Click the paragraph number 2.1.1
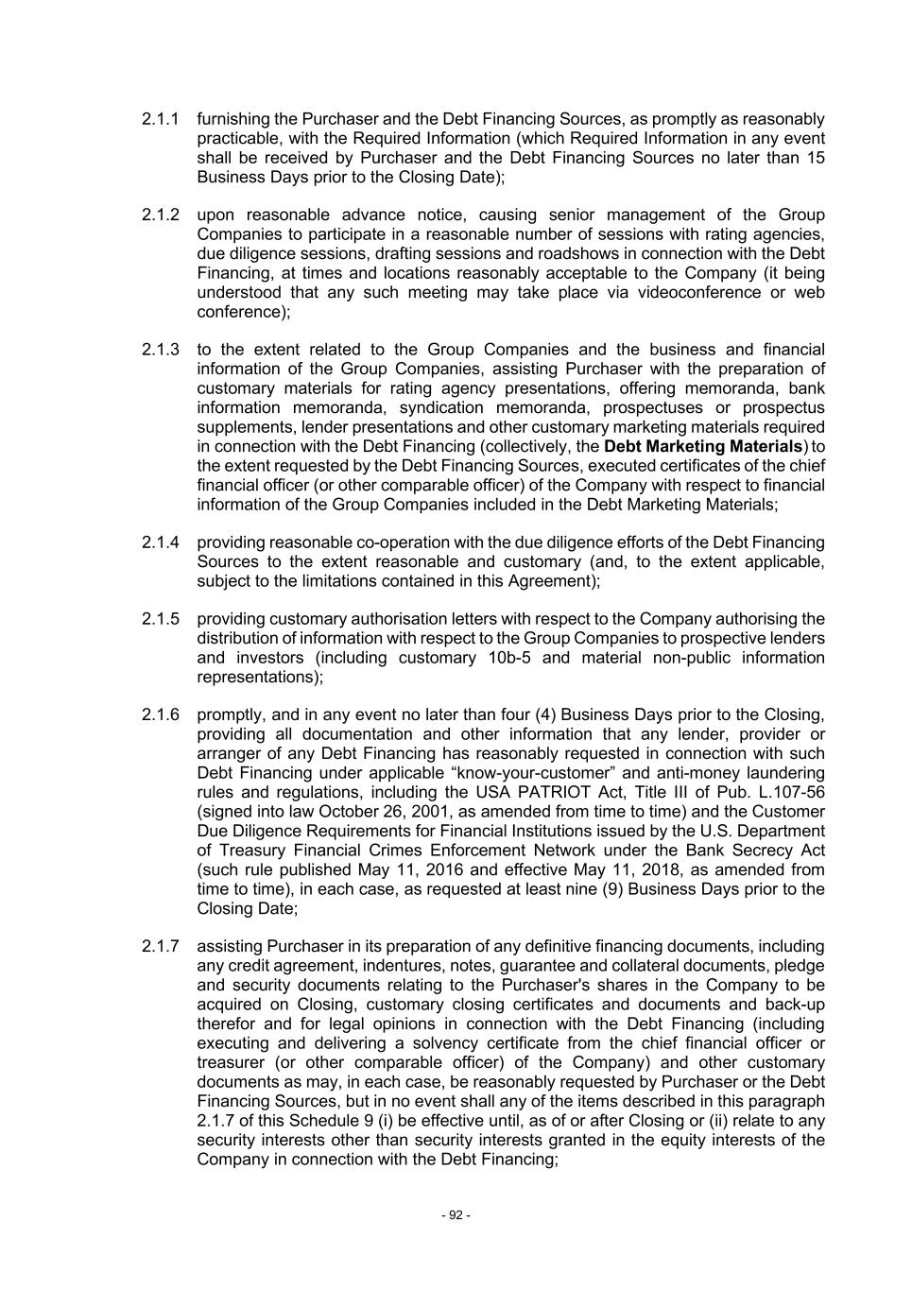[161, 119]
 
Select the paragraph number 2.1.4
[161, 542]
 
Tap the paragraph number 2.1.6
[161, 714]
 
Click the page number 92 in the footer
[456, 1214]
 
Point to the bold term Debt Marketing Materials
[703, 446]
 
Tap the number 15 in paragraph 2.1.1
[816, 158]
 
